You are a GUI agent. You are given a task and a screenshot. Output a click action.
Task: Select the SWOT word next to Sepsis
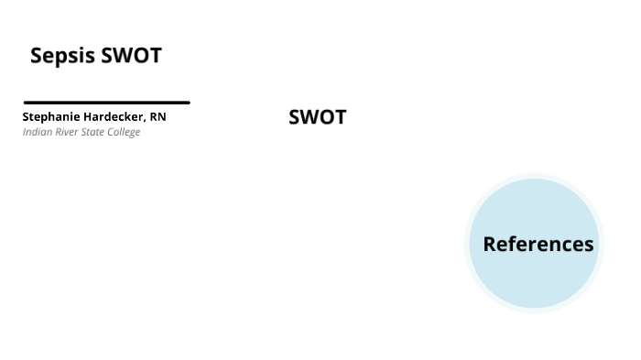131,56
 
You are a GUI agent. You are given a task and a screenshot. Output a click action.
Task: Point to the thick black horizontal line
106,103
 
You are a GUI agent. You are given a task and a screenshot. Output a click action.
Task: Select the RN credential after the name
158,117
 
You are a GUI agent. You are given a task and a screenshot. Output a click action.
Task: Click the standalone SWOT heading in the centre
317,117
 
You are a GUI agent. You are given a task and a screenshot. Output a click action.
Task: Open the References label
538,245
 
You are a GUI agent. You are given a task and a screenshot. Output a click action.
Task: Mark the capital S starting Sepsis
37,56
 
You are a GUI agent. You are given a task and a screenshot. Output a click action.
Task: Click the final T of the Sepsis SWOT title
156,56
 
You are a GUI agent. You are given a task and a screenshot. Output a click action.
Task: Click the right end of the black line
188,103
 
